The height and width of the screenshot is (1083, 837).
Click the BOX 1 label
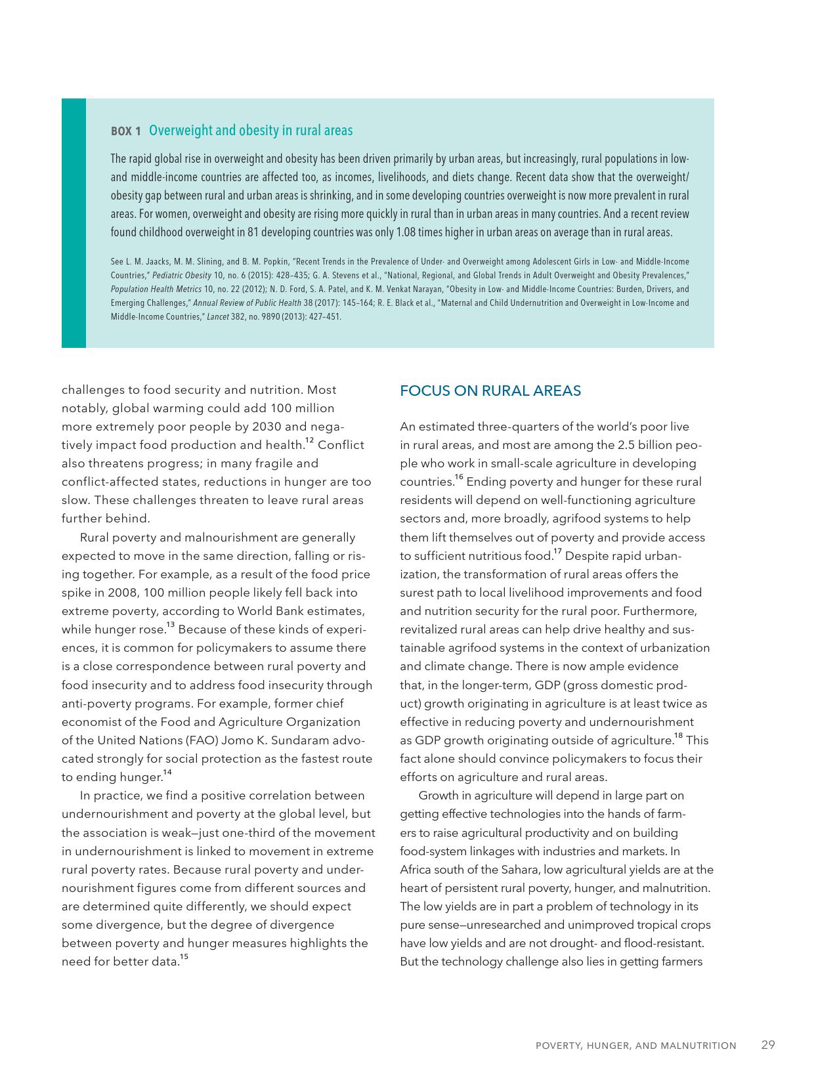point(125,131)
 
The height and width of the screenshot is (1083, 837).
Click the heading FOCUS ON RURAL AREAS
point(490,391)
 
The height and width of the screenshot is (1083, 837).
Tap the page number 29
point(768,1044)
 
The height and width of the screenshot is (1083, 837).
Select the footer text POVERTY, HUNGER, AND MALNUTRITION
point(635,1046)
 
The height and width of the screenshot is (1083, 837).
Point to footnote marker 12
point(309,440)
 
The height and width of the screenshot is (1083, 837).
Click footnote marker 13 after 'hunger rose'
point(170,625)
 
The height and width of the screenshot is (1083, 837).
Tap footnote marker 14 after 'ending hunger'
point(167,773)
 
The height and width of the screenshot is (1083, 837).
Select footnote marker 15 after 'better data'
point(184,957)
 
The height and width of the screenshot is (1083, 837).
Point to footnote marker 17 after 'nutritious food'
point(557,551)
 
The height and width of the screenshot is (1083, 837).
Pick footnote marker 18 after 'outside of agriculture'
point(678,736)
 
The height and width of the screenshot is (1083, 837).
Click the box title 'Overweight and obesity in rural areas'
point(251,131)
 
